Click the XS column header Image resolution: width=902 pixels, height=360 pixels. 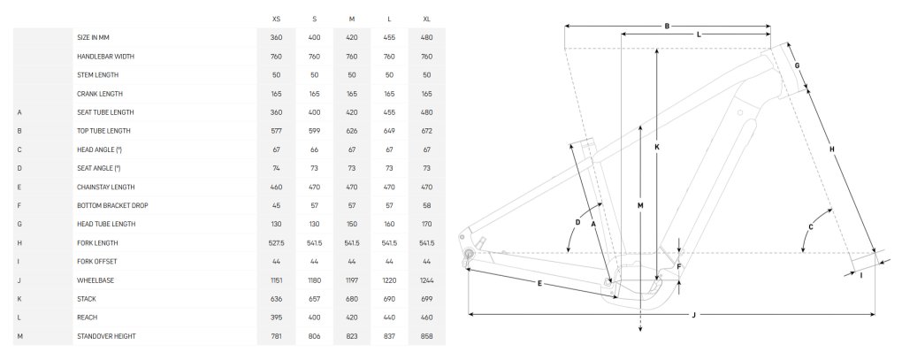(x=276, y=19)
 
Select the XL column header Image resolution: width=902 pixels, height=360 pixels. (x=426, y=19)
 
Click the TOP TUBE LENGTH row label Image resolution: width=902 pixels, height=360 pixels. (x=103, y=131)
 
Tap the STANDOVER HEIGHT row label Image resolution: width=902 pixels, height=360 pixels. (x=106, y=336)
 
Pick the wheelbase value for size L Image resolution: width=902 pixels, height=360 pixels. (x=389, y=280)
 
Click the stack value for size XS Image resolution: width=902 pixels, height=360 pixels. (x=276, y=299)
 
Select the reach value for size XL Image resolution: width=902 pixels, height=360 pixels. (x=426, y=318)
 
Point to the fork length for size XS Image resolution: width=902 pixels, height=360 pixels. (x=276, y=243)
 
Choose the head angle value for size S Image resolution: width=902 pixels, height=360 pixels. (x=314, y=149)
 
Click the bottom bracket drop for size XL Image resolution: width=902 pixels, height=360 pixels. (x=426, y=205)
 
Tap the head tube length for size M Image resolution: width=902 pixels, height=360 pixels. (x=352, y=225)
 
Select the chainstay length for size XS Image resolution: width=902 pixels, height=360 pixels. (x=276, y=187)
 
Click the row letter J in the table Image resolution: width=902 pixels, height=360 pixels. (x=19, y=280)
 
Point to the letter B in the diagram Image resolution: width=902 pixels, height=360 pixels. (x=667, y=26)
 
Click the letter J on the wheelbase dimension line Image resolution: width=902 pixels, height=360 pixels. (x=694, y=315)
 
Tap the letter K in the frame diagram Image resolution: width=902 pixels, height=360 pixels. (x=657, y=147)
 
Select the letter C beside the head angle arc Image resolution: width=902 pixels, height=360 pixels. (x=811, y=227)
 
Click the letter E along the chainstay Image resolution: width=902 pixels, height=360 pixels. (x=539, y=283)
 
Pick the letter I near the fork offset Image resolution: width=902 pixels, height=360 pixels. (x=861, y=275)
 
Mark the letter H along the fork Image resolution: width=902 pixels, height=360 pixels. (x=831, y=149)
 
